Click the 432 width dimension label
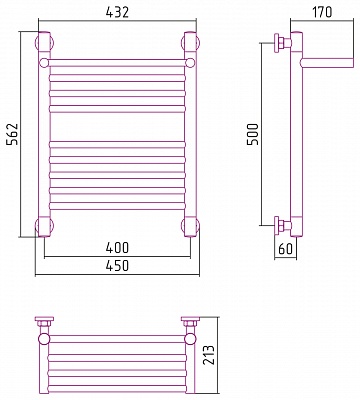[117, 12]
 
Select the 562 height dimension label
[13, 134]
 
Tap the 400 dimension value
[117, 248]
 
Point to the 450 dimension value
[117, 266]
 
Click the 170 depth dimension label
[322, 12]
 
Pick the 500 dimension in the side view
[253, 134]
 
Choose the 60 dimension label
[285, 249]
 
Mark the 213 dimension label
[209, 355]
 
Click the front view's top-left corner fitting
[44, 42]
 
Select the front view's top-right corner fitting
[190, 42]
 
